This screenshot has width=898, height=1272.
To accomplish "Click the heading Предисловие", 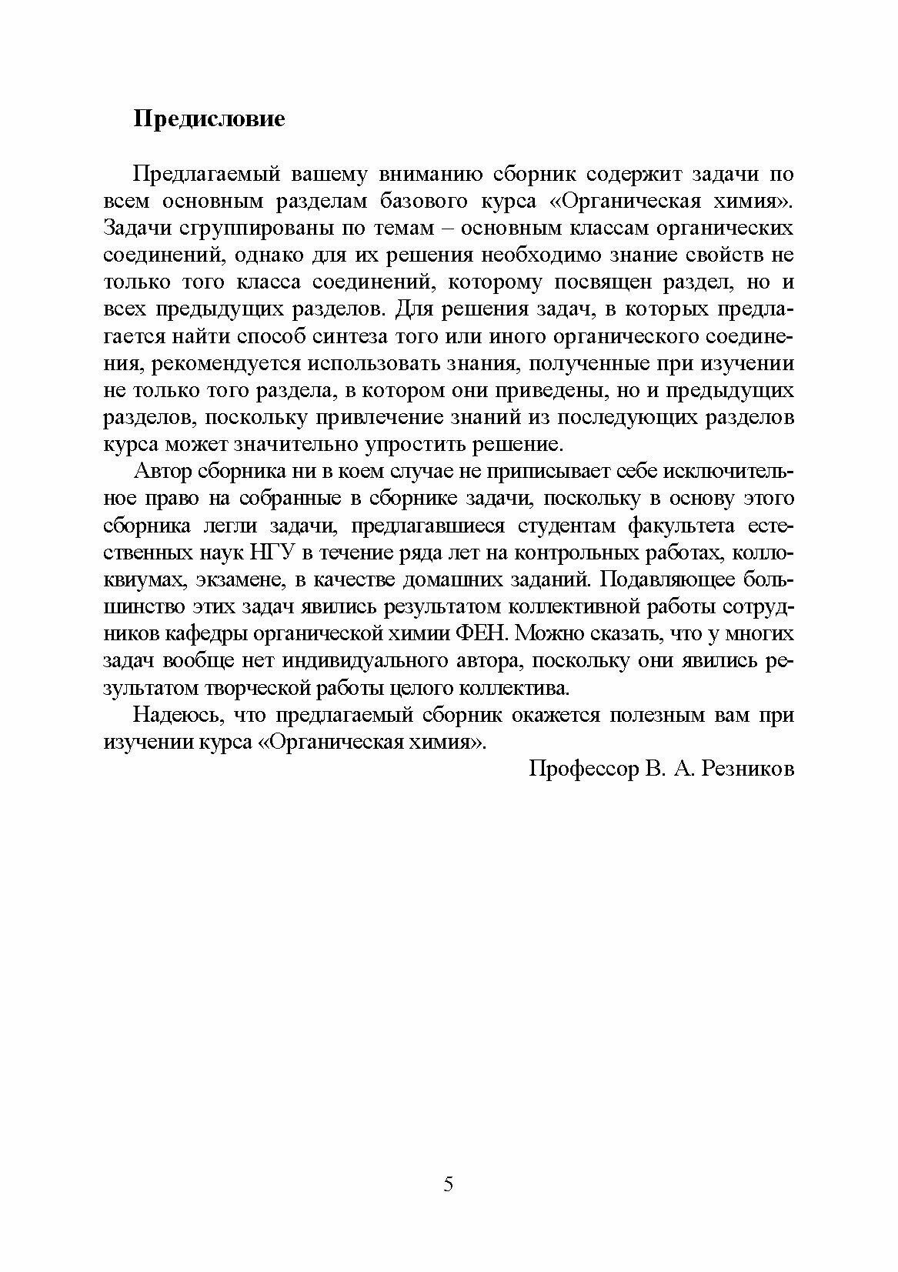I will [x=209, y=119].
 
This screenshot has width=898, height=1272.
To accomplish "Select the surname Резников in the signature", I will [x=747, y=769].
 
